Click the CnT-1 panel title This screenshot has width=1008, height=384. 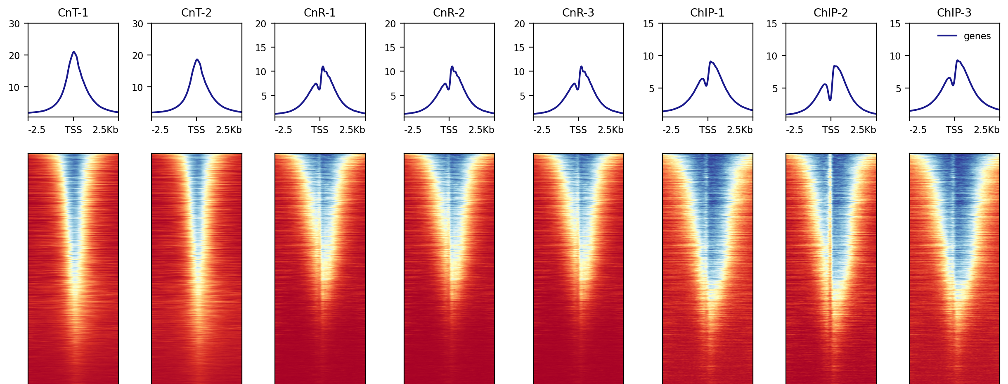tap(73, 13)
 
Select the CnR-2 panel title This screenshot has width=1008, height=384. tap(449, 13)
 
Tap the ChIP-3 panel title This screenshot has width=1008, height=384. tap(954, 13)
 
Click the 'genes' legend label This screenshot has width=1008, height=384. tap(977, 36)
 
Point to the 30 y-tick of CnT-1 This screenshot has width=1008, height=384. tap(14, 24)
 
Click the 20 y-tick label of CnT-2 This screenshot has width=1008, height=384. tap(137, 55)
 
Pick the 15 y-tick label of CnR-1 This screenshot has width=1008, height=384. tap(261, 48)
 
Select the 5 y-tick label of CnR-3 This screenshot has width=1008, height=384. tap(522, 96)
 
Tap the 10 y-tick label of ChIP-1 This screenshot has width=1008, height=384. tap(648, 56)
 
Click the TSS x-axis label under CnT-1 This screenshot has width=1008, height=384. tap(73, 130)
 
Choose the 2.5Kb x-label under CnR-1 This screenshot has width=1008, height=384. tap(352, 130)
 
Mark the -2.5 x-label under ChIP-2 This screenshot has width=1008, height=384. tap(794, 130)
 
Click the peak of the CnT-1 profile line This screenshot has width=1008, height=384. tap(73, 52)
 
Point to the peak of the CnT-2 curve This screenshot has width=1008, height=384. tap(197, 59)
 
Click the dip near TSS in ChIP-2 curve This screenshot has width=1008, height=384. tap(830, 100)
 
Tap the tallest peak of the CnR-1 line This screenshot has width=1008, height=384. tap(323, 66)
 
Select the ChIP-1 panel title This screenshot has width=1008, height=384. tap(707, 13)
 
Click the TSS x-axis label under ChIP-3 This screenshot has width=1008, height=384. tap(954, 130)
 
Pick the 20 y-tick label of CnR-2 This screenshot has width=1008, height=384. tap(390, 24)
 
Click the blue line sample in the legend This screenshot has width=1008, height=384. tap(947, 36)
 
